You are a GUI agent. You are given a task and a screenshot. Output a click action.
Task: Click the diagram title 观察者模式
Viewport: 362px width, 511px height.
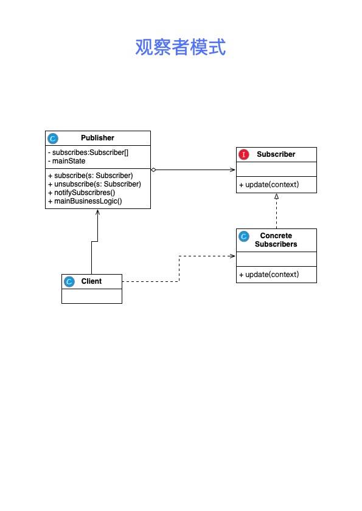tap(181, 47)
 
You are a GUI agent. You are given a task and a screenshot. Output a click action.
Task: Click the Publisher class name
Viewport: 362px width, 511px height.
tap(97, 138)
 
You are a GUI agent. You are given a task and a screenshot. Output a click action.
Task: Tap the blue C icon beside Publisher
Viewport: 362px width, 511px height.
tap(52, 139)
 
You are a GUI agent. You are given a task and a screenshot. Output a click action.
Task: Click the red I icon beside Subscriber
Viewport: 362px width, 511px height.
tap(244, 154)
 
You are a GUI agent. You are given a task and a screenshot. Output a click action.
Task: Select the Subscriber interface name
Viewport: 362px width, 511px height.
tap(276, 154)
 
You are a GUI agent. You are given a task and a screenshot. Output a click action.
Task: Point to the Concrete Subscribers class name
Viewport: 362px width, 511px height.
tap(276, 240)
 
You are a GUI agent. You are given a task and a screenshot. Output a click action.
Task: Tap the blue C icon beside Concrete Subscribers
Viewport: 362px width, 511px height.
tap(244, 236)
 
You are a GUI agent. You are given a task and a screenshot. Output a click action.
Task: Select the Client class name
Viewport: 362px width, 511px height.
tap(91, 281)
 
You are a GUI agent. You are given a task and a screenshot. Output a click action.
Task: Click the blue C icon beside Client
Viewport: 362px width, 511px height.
tap(69, 281)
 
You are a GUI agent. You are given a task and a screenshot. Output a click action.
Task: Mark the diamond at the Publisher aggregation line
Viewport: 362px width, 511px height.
tap(153, 170)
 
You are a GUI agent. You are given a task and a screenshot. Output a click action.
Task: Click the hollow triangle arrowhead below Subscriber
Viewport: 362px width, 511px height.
tap(276, 196)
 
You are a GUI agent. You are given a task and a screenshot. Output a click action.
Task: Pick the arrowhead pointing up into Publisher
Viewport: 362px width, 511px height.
tap(97, 212)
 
